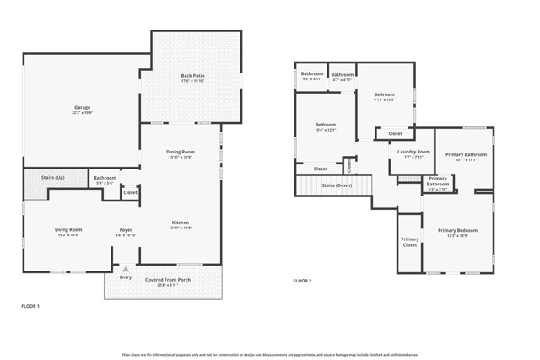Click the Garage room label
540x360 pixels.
[82, 108]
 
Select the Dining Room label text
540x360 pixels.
[181, 152]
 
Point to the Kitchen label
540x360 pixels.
[181, 223]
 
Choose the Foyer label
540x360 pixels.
[125, 229]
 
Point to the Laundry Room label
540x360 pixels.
[413, 152]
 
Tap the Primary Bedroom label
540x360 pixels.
[456, 230]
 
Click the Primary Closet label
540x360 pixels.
[410, 242]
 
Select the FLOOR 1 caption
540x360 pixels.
[30, 306]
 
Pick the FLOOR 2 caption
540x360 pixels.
[302, 281]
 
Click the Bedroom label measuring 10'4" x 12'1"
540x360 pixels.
[326, 125]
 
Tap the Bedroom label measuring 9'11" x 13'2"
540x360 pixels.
[384, 94]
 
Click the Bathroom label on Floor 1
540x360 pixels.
[105, 178]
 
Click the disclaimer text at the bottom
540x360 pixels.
[270, 355]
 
